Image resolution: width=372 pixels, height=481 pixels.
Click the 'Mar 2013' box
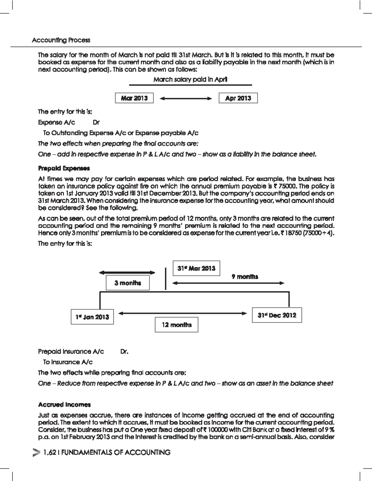pyautogui.click(x=134, y=98)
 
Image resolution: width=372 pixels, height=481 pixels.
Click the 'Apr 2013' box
pyautogui.click(x=238, y=98)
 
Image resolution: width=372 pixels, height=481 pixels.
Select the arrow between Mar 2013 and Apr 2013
pyautogui.click(x=186, y=98)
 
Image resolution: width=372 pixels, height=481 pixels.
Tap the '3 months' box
pyautogui.click(x=128, y=283)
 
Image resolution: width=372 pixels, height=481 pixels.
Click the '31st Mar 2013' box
pyautogui.click(x=196, y=268)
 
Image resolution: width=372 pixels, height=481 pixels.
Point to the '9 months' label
pyautogui.click(x=245, y=277)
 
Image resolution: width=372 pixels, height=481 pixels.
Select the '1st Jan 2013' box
pyautogui.click(x=92, y=317)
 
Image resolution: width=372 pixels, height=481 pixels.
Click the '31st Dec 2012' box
pyautogui.click(x=277, y=315)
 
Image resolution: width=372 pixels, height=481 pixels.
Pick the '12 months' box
pyautogui.click(x=176, y=325)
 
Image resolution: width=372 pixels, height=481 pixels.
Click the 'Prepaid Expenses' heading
pyautogui.click(x=64, y=168)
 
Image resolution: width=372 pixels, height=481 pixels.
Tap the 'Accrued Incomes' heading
pyautogui.click(x=64, y=404)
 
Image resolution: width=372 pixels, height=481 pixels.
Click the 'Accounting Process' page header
pyautogui.click(x=61, y=40)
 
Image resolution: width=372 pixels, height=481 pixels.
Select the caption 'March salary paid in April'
pyautogui.click(x=190, y=80)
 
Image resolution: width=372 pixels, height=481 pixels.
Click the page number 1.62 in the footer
pyautogui.click(x=50, y=453)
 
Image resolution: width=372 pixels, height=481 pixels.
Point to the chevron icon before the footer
pyautogui.click(x=36, y=453)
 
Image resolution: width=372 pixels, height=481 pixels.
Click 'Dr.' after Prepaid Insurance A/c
pyautogui.click(x=124, y=352)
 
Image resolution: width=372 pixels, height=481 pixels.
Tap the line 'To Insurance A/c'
pyautogui.click(x=68, y=362)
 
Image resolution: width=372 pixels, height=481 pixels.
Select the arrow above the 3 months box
pyautogui.click(x=127, y=273)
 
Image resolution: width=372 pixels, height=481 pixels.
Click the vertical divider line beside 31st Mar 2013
pyautogui.click(x=166, y=279)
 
